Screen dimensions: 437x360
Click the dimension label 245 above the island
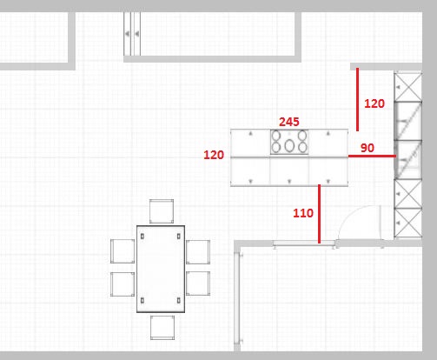[x=289, y=122]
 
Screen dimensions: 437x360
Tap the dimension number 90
[x=367, y=148]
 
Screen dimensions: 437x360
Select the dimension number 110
[x=303, y=213]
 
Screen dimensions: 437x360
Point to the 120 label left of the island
[x=214, y=155]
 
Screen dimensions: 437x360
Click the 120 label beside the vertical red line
[x=374, y=103]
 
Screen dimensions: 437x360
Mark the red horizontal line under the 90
[x=372, y=156]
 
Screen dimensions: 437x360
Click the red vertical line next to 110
[x=320, y=214]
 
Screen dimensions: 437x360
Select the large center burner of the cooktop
[x=289, y=145]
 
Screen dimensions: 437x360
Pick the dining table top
[x=161, y=269]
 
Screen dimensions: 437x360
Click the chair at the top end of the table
[x=162, y=211]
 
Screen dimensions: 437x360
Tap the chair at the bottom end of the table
[x=162, y=328]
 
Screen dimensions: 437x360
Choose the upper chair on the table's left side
[x=122, y=251]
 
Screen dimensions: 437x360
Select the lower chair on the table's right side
[x=198, y=283]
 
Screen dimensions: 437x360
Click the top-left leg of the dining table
[x=142, y=237]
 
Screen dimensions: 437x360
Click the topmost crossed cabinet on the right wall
[x=408, y=87]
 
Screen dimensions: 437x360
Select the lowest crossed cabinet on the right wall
[x=408, y=223]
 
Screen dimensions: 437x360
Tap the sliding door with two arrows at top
[x=132, y=34]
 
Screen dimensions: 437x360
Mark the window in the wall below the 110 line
[x=304, y=244]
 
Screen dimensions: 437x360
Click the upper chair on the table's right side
[x=198, y=252]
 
